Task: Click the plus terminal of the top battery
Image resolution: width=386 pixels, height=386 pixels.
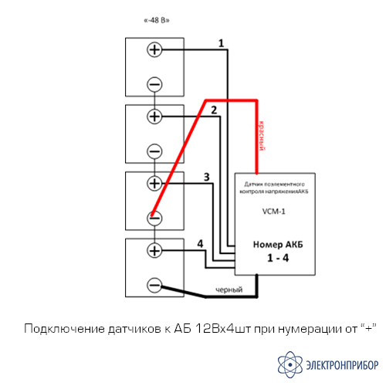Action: (154, 49)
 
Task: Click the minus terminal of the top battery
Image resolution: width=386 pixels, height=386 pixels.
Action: (154, 84)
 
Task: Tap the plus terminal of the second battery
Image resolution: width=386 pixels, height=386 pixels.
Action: (154, 117)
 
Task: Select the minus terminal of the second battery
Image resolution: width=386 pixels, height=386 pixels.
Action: (154, 151)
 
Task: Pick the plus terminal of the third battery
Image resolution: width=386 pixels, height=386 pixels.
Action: (154, 184)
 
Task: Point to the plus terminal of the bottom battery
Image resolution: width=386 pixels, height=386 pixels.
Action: (154, 250)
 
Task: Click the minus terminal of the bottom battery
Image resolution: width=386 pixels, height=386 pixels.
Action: (154, 285)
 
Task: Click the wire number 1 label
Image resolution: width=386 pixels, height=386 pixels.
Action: (221, 43)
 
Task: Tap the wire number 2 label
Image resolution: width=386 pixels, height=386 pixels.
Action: (214, 110)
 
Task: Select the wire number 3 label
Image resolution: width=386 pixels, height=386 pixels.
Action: (207, 177)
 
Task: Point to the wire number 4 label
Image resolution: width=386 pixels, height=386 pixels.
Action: (200, 244)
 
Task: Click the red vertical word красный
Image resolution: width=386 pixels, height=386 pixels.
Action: (262, 136)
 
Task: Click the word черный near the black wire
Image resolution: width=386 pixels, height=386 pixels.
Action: (229, 289)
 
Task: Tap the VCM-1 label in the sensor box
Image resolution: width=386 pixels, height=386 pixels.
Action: (273, 212)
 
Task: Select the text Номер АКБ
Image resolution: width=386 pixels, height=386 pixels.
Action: (278, 245)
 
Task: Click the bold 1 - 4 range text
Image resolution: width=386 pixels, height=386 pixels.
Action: (278, 258)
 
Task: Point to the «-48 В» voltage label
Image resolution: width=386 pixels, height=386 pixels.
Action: (157, 20)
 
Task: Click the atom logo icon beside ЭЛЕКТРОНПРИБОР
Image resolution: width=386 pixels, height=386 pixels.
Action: (290, 364)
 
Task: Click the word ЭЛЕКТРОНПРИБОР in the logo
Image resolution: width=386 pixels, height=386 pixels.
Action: (342, 365)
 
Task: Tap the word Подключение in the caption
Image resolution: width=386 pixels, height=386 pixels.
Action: (64, 329)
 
